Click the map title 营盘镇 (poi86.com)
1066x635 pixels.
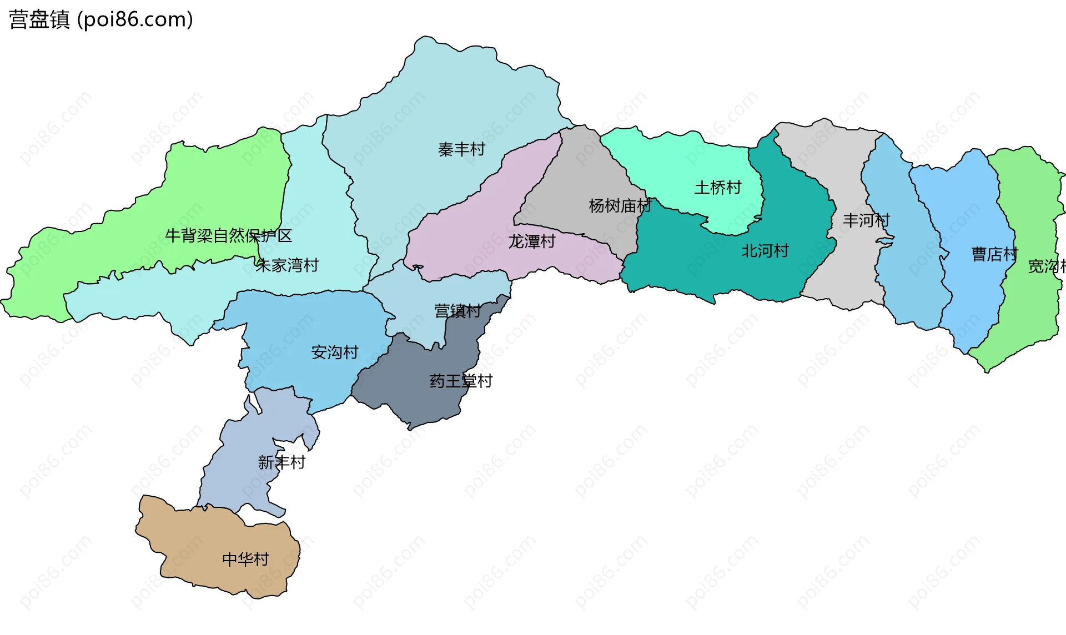coord(101,19)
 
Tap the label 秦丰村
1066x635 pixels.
coord(461,149)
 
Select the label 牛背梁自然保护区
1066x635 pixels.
coord(228,236)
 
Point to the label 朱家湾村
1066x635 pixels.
coord(287,265)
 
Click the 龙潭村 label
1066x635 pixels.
coord(531,241)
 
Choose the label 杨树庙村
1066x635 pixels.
coord(620,206)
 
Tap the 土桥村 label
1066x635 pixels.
coord(718,188)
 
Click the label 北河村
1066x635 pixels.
coord(765,251)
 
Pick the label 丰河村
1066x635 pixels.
coord(866,220)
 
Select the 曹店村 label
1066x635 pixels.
coord(994,254)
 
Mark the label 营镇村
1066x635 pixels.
coord(457,311)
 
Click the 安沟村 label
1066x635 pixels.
coord(335,352)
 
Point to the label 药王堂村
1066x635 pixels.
coord(461,381)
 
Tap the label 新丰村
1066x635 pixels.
coord(281,462)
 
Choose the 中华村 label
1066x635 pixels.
coord(245,559)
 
